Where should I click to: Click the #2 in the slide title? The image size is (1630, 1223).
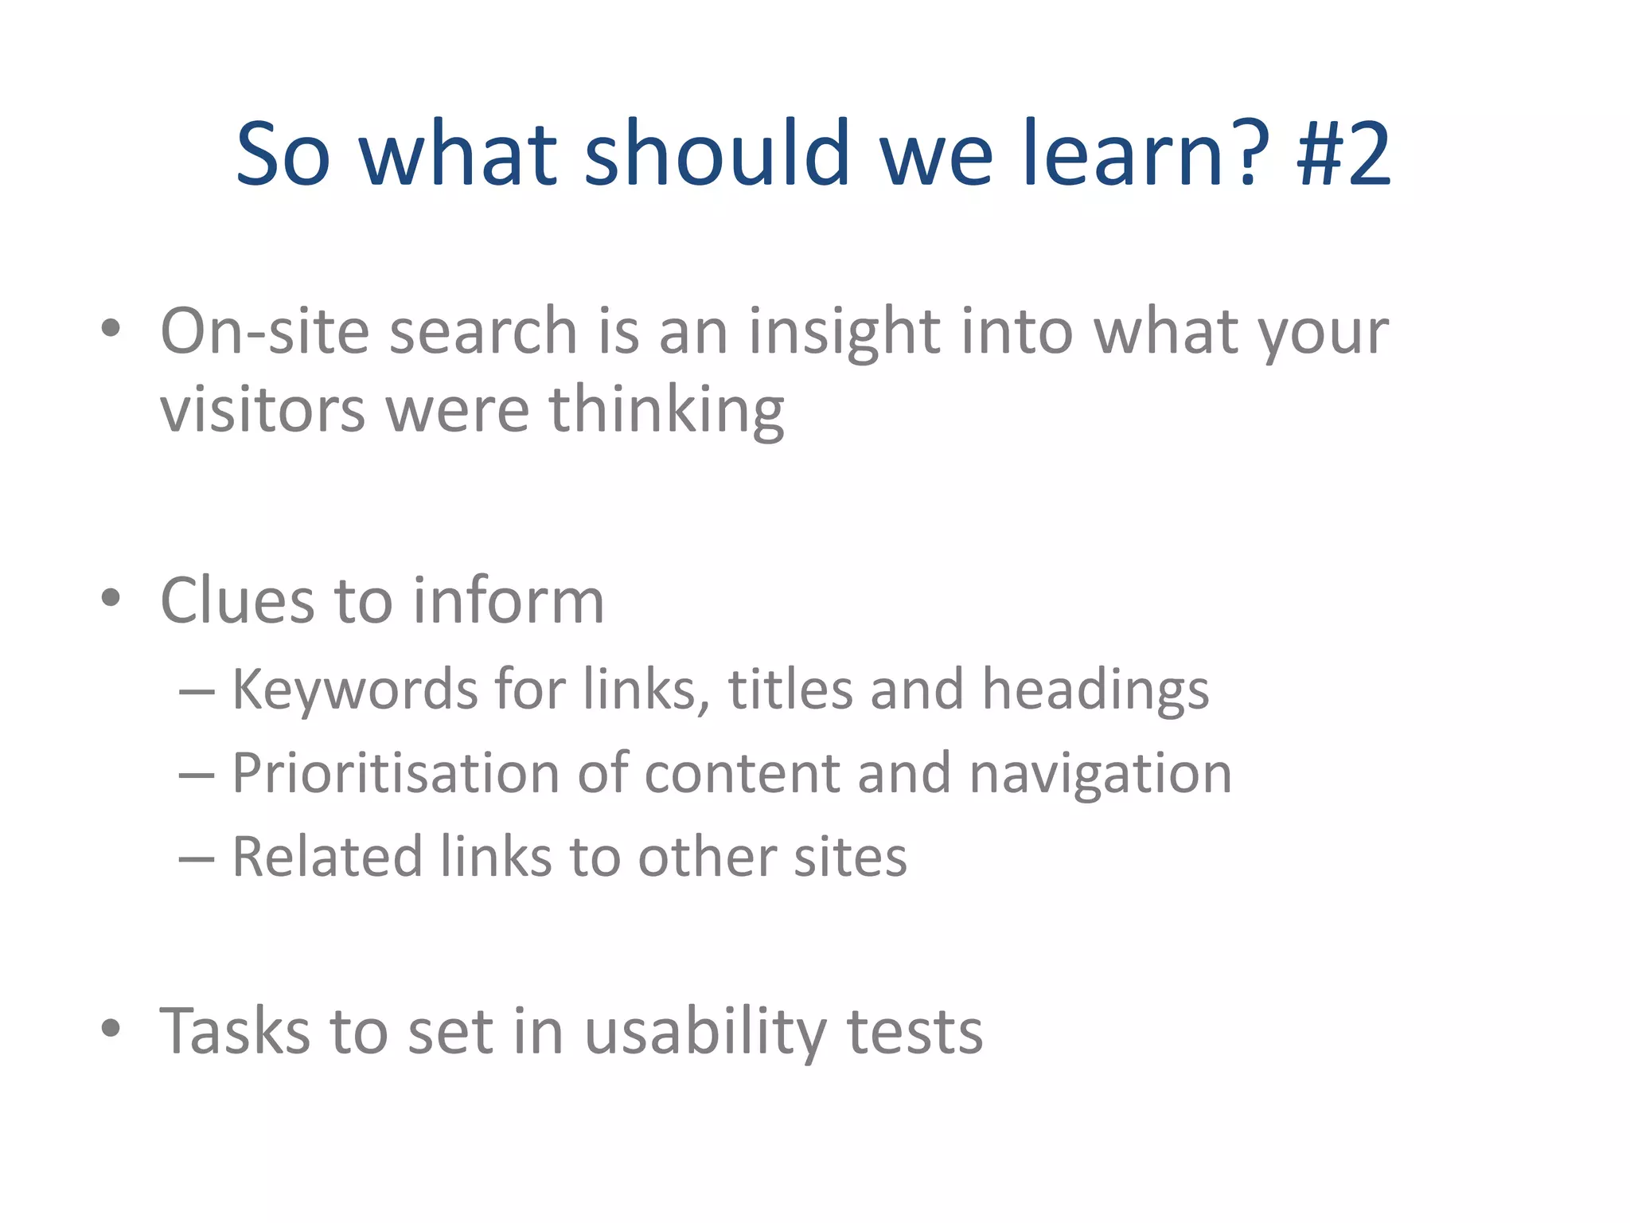[x=1343, y=153]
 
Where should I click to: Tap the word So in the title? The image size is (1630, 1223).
[x=283, y=153]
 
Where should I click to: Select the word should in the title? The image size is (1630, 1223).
[x=717, y=153]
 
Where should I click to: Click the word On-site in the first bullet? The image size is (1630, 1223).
[x=264, y=331]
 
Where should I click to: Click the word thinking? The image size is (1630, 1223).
[x=666, y=411]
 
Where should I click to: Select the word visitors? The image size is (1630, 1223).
[x=263, y=411]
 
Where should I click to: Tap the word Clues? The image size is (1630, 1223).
[x=236, y=600]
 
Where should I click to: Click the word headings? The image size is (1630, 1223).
[x=1095, y=690]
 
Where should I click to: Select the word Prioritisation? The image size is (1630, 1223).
[x=396, y=774]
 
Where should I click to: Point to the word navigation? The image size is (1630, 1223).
[x=1101, y=774]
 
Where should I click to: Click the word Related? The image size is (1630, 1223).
[x=326, y=858]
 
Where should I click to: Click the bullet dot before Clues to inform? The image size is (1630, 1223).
[x=111, y=597]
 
